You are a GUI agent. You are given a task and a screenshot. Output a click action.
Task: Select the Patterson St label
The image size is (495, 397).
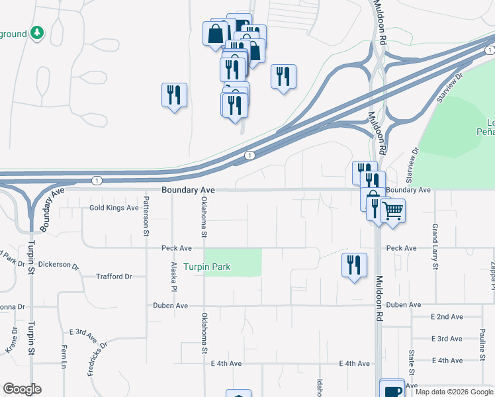tap(146, 216)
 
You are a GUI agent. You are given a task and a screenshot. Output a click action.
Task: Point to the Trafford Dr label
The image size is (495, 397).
tap(114, 277)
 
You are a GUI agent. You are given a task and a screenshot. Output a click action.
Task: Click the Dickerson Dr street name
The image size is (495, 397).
tap(58, 265)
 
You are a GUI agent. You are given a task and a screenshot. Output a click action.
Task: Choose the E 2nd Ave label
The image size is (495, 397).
tap(447, 317)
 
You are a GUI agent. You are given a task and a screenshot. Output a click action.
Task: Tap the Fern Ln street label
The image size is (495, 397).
tap(64, 357)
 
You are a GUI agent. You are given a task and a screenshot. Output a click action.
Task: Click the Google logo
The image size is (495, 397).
tap(22, 389)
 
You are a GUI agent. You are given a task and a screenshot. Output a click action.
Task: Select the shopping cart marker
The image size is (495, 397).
tap(393, 211)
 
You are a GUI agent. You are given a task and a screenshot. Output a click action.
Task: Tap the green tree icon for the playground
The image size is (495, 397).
tap(38, 32)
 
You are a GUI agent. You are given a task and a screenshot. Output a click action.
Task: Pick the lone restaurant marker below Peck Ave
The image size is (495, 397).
tap(354, 265)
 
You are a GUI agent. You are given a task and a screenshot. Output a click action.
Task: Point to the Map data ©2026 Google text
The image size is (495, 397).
tap(453, 392)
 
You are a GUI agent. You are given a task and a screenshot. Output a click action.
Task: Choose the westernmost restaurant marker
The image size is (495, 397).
tap(174, 95)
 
